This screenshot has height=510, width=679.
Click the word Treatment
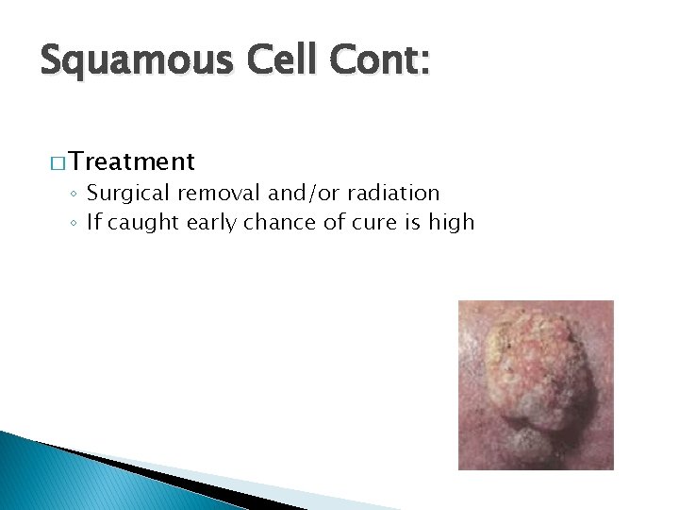[131, 161]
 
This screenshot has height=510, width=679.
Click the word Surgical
[126, 194]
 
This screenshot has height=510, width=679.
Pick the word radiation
[395, 194]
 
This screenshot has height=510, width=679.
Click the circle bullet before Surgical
[75, 195]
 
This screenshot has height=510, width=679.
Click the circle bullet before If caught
[75, 224]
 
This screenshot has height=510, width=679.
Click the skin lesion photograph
[536, 384]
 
